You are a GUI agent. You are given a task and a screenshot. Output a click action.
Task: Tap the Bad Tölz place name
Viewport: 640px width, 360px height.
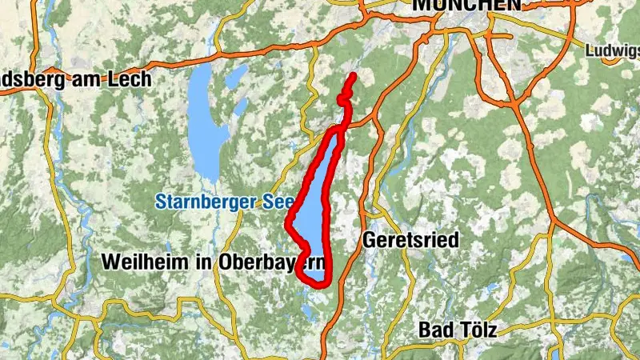pos(458,330)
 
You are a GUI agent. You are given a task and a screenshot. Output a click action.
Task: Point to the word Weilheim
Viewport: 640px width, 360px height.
pos(142,262)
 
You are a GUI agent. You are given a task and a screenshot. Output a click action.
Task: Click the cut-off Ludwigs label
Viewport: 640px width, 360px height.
pos(613,50)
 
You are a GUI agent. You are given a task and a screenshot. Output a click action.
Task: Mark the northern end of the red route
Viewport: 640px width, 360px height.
pos(353,75)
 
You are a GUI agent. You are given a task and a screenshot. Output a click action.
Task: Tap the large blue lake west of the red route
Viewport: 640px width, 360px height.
pos(204,120)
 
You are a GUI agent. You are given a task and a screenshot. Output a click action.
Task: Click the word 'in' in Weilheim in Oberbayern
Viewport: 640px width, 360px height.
pos(193,262)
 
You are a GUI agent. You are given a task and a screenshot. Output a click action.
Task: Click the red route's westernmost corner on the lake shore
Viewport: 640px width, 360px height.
pos(289,225)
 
